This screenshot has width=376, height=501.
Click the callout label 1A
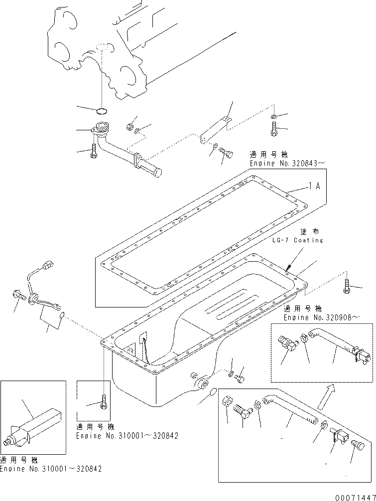(314, 187)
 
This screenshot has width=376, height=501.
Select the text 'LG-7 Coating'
(297, 240)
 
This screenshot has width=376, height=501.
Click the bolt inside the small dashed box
(103, 402)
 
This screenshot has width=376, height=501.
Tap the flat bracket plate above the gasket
(215, 128)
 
